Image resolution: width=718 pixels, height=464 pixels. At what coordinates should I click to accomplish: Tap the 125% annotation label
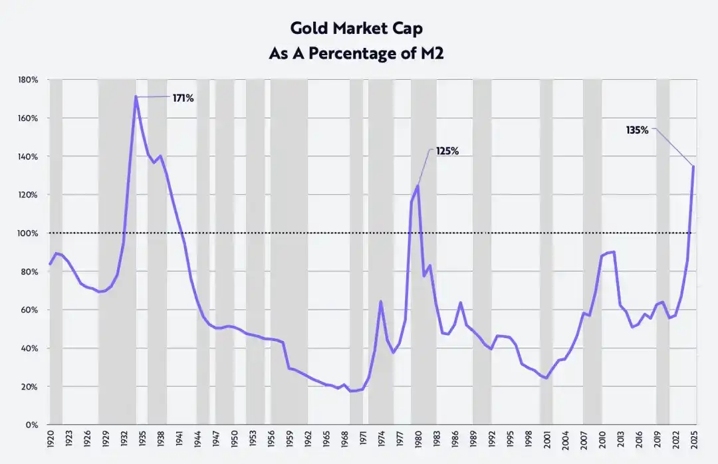(x=447, y=151)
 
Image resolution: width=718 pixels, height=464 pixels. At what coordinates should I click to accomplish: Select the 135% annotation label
(x=636, y=130)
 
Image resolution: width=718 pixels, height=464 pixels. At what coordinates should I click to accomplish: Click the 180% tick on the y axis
(x=29, y=80)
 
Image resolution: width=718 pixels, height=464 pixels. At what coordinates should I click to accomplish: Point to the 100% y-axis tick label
(x=29, y=233)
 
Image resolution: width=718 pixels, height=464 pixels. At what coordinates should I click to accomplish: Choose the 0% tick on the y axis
(x=33, y=425)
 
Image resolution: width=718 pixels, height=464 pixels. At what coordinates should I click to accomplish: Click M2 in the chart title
(x=431, y=53)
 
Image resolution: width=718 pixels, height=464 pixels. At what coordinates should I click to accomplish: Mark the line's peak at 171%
(x=136, y=96)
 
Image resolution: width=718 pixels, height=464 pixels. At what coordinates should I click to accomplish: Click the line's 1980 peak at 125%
(x=418, y=185)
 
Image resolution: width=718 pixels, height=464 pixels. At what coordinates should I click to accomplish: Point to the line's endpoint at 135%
(x=693, y=166)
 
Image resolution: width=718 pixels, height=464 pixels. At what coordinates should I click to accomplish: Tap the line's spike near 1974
(x=380, y=301)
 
